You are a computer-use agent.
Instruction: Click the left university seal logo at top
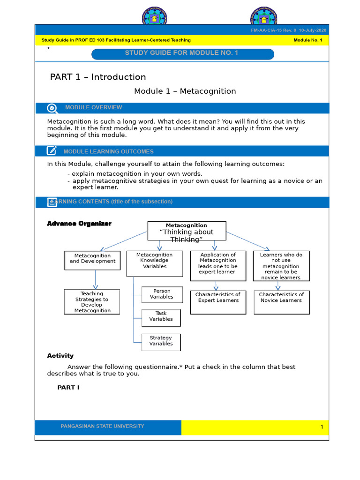pyautogui.click(x=155, y=18)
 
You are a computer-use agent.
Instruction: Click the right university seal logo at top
pyautogui.click(x=263, y=18)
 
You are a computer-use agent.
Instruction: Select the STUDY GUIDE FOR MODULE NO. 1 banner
pyautogui.click(x=182, y=53)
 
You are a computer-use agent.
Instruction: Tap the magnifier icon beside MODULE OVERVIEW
pyautogui.click(x=52, y=108)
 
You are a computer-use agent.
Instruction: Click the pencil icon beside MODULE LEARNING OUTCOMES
pyautogui.click(x=52, y=151)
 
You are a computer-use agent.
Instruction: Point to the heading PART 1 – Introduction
pyautogui.click(x=98, y=77)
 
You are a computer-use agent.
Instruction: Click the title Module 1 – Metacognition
pyautogui.click(x=185, y=91)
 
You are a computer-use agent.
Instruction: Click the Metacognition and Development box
pyautogui.click(x=92, y=260)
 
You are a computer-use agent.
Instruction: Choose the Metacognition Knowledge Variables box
pyautogui.click(x=154, y=263)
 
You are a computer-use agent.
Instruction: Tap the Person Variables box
pyautogui.click(x=161, y=294)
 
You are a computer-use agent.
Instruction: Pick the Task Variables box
pyautogui.click(x=161, y=317)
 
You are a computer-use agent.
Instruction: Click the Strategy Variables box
pyautogui.click(x=161, y=341)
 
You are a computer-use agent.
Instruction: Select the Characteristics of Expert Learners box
pyautogui.click(x=217, y=301)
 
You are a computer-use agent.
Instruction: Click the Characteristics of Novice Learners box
pyautogui.click(x=281, y=301)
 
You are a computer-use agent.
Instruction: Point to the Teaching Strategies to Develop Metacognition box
pyautogui.click(x=92, y=302)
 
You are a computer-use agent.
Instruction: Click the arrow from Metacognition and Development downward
pyautogui.click(x=95, y=279)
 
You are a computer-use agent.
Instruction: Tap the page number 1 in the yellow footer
pyautogui.click(x=322, y=427)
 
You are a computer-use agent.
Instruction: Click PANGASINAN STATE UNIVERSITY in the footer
pyautogui.click(x=102, y=427)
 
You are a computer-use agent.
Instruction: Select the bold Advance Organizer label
pyautogui.click(x=79, y=224)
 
